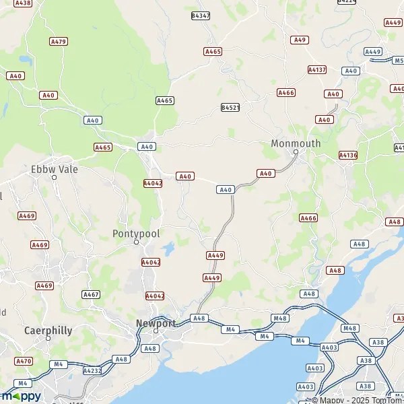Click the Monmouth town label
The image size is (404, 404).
point(296,143)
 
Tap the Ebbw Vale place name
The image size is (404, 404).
point(55,169)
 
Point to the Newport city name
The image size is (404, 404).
point(156,323)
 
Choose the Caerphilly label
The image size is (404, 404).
point(48,331)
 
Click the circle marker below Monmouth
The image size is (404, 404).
point(296,152)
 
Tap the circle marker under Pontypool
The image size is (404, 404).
point(137,242)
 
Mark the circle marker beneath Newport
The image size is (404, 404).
point(156,331)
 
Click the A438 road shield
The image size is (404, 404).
point(23,3)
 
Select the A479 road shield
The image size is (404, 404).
point(59,42)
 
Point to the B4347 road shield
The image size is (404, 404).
point(201,15)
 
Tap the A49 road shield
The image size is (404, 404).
point(300,40)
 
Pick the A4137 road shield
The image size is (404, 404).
point(316,69)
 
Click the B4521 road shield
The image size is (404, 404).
point(230,107)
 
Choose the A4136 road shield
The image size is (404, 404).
point(347,155)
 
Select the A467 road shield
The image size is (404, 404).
point(91,294)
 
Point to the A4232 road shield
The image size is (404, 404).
point(92,370)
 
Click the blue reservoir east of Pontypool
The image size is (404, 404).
point(169,248)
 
